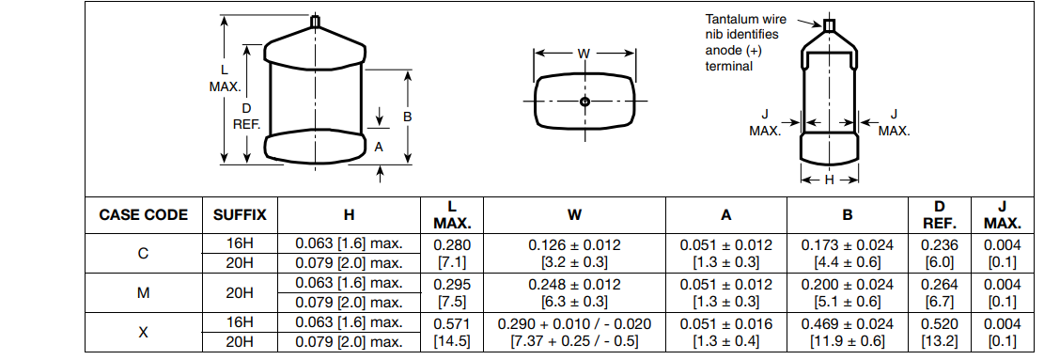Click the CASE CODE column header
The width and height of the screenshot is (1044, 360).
tap(144, 215)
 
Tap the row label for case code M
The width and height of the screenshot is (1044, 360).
tap(144, 292)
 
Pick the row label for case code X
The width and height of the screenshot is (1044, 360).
tap(144, 332)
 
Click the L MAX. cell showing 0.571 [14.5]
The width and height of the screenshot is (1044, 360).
tap(452, 332)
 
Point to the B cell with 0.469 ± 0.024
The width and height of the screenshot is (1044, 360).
tap(847, 323)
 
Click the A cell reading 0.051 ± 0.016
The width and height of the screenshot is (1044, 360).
tap(726, 323)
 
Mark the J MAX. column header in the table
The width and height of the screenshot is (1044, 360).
tap(1002, 215)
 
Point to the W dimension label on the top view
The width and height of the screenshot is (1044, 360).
tap(584, 54)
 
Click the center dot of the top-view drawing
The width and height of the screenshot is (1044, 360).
tap(584, 102)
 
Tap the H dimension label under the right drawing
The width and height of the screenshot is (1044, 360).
tap(829, 180)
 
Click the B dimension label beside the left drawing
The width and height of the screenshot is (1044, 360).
tap(408, 117)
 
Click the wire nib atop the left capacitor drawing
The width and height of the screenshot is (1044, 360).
tap(315, 22)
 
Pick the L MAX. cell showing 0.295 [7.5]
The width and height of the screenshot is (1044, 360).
tap(452, 292)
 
